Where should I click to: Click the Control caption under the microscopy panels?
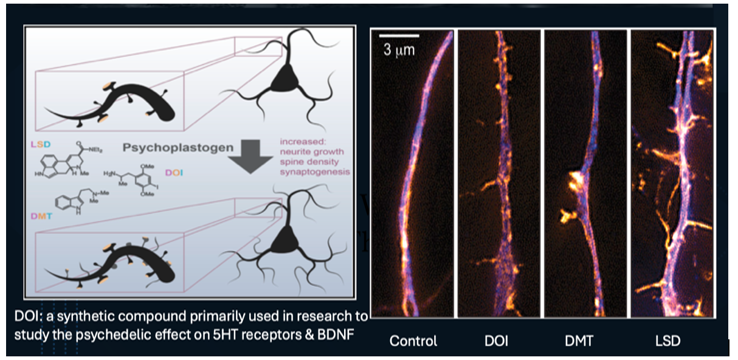[x=413, y=341]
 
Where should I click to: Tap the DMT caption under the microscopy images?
[x=582, y=341]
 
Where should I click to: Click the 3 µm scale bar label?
[x=399, y=50]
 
